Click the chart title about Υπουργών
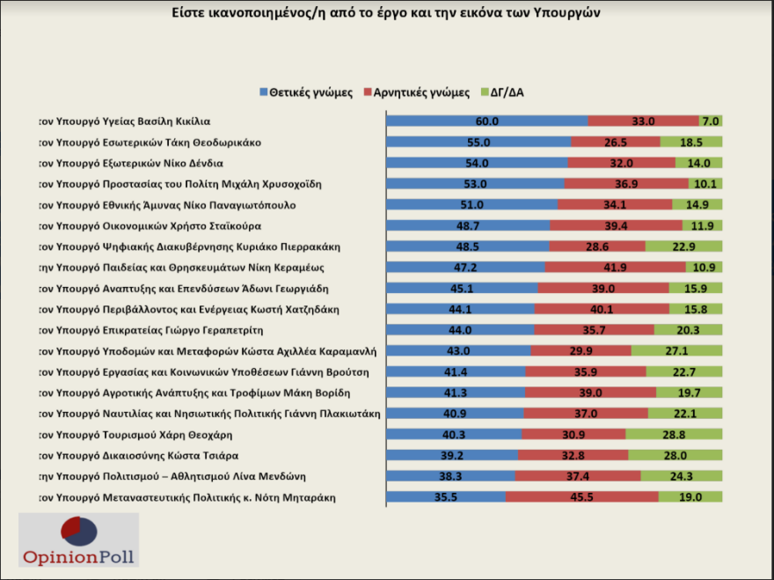click(387, 14)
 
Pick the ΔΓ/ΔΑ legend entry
click(506, 92)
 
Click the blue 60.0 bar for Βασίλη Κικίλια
click(487, 121)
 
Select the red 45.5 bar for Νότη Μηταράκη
click(582, 497)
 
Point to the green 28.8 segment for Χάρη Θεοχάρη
click(674, 434)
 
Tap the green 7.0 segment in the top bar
click(711, 121)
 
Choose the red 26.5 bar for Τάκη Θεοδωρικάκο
click(616, 142)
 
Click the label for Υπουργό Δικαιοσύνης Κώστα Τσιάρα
click(140, 455)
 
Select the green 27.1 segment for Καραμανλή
click(676, 350)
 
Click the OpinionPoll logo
click(80, 540)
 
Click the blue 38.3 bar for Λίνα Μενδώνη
click(450, 476)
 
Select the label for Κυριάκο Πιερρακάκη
click(188, 246)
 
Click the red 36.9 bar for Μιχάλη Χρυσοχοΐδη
click(626, 184)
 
